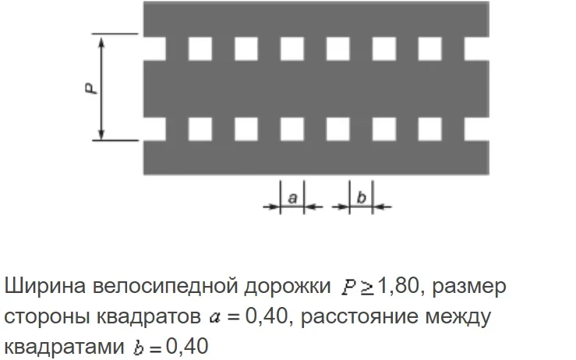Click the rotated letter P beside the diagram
91,88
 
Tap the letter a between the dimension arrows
292,198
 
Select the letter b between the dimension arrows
361,198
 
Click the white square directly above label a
292,127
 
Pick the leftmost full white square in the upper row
200,48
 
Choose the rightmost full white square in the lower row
429,127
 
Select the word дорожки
293,286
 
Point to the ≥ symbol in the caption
366,286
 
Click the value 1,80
398,286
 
